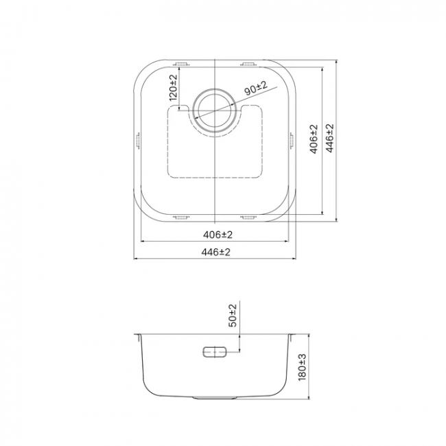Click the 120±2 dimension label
(173, 88)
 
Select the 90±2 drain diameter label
(256, 88)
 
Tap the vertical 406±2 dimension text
(314, 139)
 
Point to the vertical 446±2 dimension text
(329, 138)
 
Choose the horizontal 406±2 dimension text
(218, 235)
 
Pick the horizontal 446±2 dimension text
(216, 252)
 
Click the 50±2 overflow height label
(233, 316)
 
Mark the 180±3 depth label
(302, 367)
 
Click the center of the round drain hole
(215, 110)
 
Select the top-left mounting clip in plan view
(181, 64)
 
